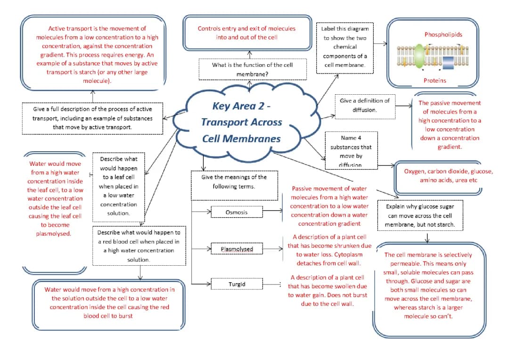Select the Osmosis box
click(x=236, y=213)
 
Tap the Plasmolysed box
click(x=237, y=249)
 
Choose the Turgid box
click(x=237, y=285)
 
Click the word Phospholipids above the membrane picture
click(x=443, y=34)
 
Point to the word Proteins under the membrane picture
click(x=435, y=81)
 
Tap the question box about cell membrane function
click(x=246, y=69)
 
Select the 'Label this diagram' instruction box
click(x=345, y=47)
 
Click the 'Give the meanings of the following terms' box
click(x=234, y=181)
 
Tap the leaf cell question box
click(x=118, y=186)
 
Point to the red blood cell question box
click(x=139, y=246)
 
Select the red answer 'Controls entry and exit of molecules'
click(x=246, y=33)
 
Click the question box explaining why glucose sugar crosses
click(x=420, y=215)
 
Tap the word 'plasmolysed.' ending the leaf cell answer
click(x=53, y=234)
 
